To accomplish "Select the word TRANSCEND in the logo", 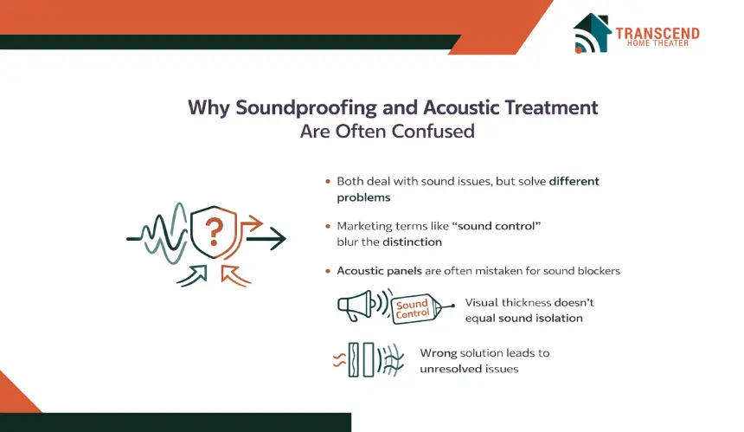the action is tap(657, 33).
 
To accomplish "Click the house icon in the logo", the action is tap(592, 33).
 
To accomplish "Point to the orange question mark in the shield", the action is tap(214, 232).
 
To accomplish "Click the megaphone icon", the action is tap(355, 306).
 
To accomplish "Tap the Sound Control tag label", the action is tap(413, 308).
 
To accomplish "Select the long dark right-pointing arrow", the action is tap(266, 238).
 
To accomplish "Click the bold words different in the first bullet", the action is tap(574, 181).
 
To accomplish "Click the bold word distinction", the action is tap(412, 242).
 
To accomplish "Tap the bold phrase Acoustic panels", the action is tap(379, 271).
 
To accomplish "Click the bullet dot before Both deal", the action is tap(328, 181).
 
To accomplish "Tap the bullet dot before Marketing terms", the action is tap(328, 226).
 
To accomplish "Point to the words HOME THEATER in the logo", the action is tap(657, 43).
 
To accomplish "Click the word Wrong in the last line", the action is tap(439, 353).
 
